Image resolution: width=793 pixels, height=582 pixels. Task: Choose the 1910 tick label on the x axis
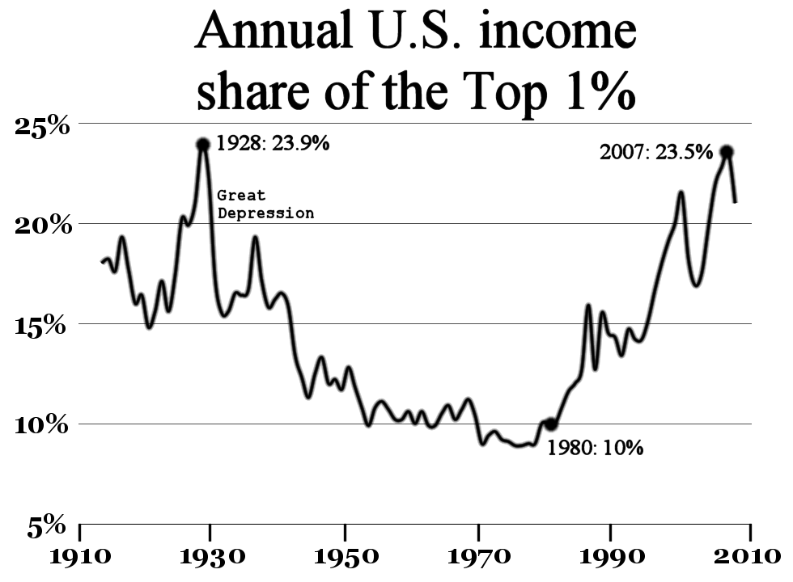(x=78, y=558)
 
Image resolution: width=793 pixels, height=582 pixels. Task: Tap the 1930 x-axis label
(x=210, y=558)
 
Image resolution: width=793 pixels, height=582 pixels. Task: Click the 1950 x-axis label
(x=345, y=558)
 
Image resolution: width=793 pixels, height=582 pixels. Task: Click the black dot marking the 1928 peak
(x=202, y=145)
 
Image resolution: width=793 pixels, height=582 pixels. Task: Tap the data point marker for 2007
(x=727, y=152)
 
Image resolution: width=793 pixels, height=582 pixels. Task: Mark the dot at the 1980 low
(x=551, y=424)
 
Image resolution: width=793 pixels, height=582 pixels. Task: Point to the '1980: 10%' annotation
(x=595, y=448)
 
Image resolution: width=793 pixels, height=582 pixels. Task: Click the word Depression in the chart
(x=265, y=213)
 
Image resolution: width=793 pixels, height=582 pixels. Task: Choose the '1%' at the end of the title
(x=600, y=93)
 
